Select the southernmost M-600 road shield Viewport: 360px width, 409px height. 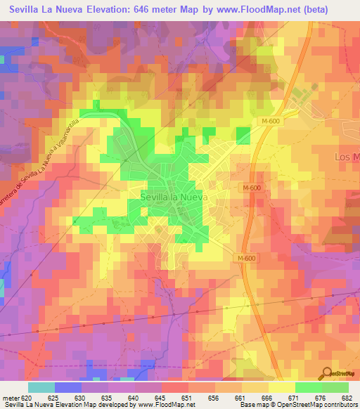[x=246, y=259]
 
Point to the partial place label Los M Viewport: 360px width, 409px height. [x=345, y=155]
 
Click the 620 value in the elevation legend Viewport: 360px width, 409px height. [x=28, y=398]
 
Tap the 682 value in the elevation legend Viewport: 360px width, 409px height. [x=346, y=398]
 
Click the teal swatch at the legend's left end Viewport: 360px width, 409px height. [x=41, y=387]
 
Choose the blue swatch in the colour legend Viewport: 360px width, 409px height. [x=68, y=387]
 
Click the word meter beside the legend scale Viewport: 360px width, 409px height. [x=10, y=398]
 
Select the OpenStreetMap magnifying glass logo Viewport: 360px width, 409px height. [x=327, y=374]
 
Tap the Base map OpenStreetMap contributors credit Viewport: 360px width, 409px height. [x=298, y=405]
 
